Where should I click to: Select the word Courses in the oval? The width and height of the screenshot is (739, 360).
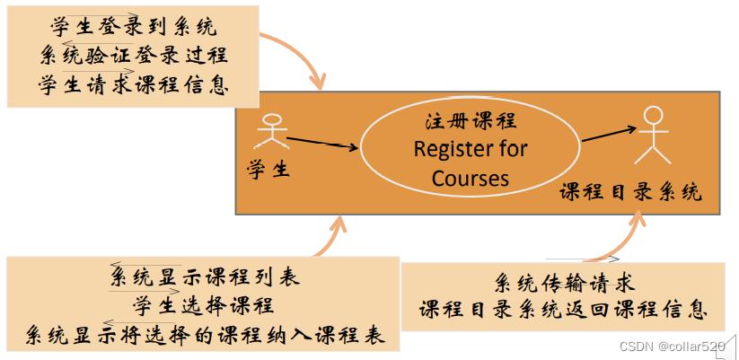(471, 178)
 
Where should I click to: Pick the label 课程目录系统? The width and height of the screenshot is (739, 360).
(630, 192)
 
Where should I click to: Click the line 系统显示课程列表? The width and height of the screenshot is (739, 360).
(203, 277)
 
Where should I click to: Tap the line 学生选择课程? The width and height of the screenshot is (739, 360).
(203, 305)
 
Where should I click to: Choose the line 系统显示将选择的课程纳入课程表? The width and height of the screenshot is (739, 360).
(203, 335)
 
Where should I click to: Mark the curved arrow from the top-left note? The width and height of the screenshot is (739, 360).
(296, 58)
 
